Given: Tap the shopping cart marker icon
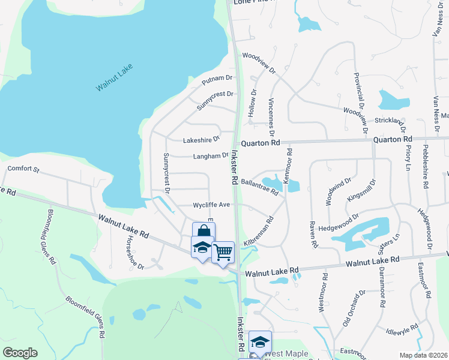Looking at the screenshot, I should [223, 252].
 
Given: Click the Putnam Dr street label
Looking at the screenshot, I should [217, 79].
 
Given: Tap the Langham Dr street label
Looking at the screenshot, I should [211, 156].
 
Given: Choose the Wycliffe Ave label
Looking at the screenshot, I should [211, 205].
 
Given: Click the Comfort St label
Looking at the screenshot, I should [23, 169].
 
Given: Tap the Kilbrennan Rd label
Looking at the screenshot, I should [259, 230].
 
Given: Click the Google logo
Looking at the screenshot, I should [20, 353].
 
